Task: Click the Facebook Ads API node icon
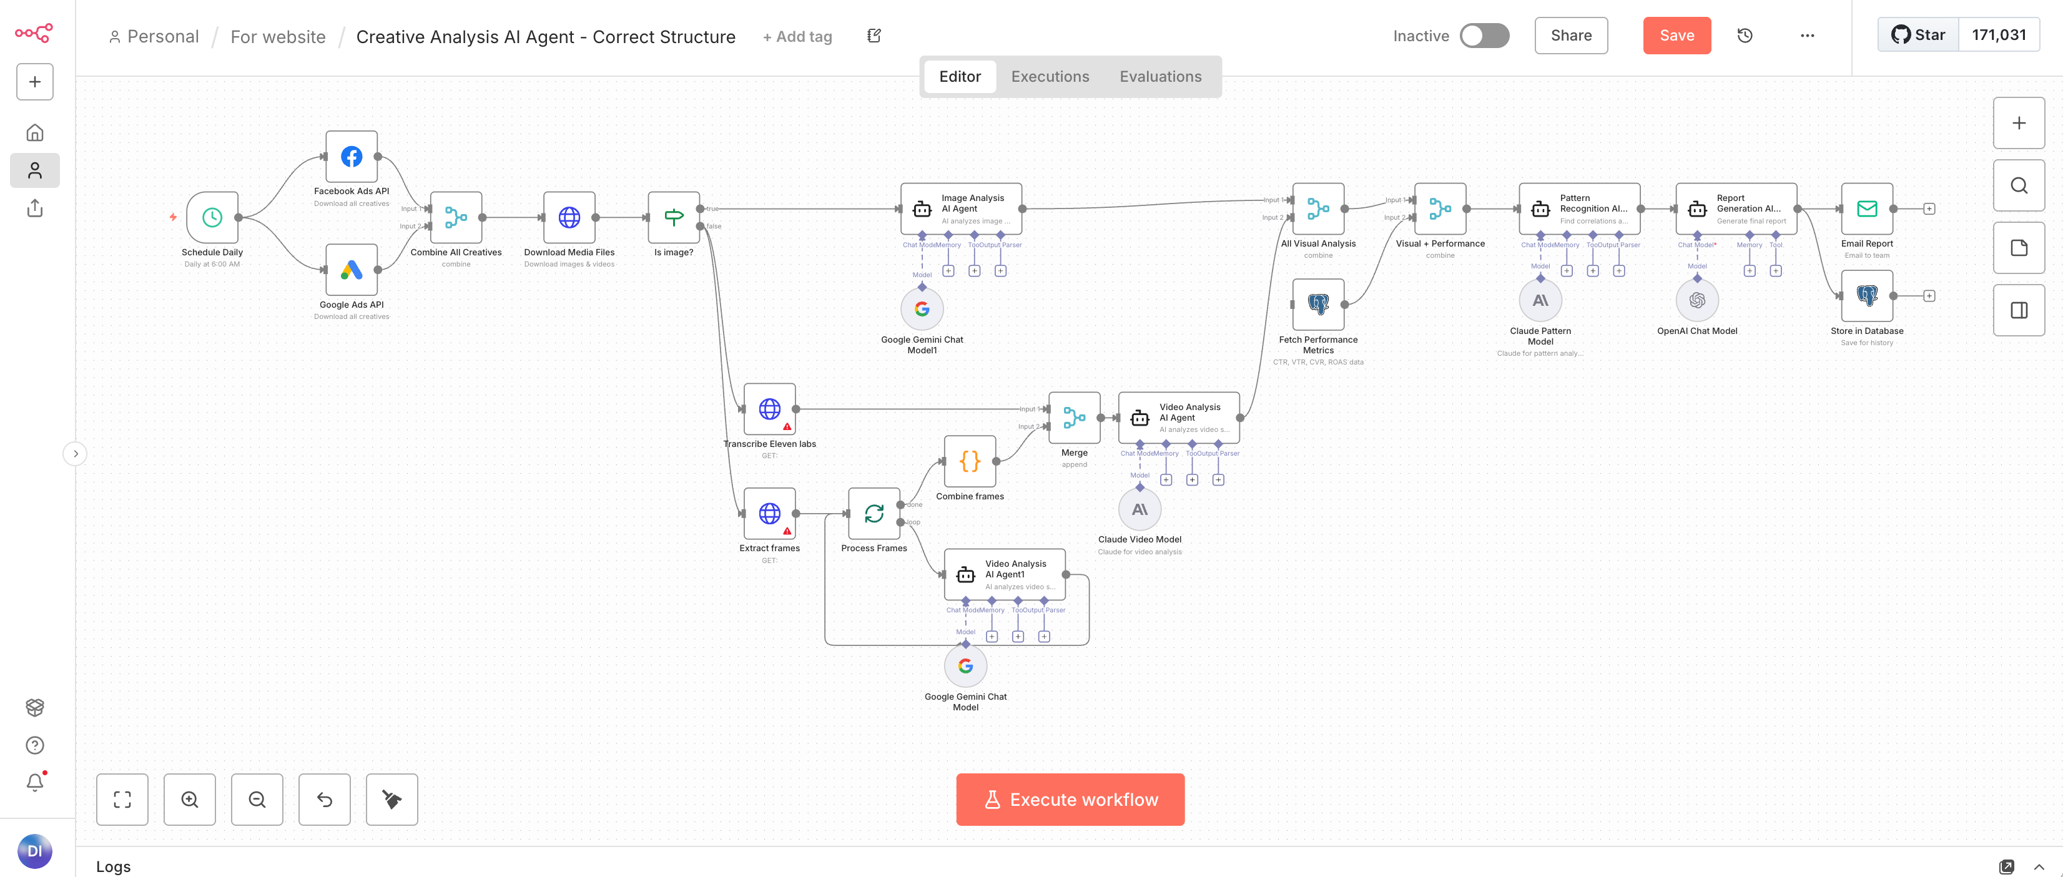[x=352, y=157]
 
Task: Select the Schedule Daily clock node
[x=212, y=217]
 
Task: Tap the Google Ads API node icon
[x=352, y=270]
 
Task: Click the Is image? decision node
[x=674, y=217]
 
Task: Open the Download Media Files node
[x=569, y=217]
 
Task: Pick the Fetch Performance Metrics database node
[x=1318, y=305]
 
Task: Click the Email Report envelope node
[x=1867, y=209]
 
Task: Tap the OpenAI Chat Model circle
[x=1697, y=300]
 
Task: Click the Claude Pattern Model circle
[x=1540, y=300]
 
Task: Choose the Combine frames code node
[x=970, y=461]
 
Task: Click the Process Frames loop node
[x=874, y=513]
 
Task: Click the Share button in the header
[x=1570, y=35]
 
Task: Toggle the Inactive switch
[x=1484, y=35]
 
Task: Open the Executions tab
[x=1050, y=77]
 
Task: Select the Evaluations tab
[x=1160, y=77]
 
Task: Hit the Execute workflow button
[x=1070, y=800]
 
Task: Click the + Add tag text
[x=797, y=37]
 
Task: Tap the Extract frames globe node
[x=770, y=513]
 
